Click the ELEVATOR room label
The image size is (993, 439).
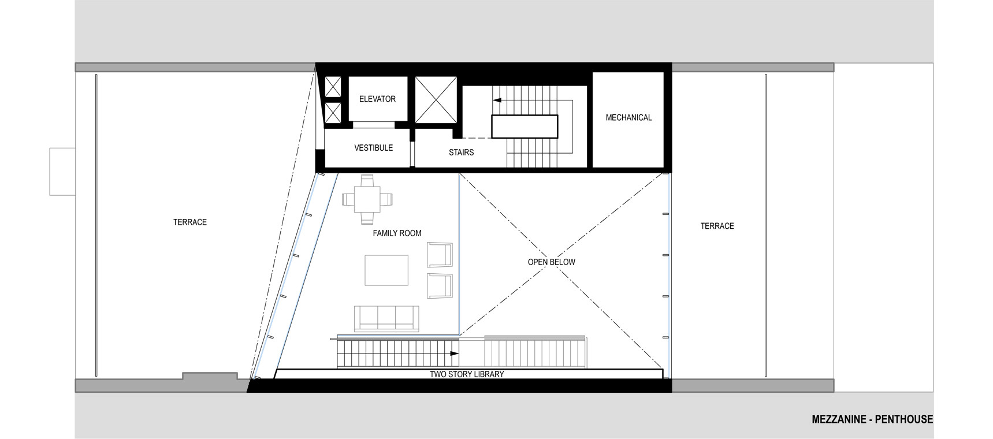click(x=377, y=99)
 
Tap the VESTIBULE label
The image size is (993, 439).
click(x=373, y=148)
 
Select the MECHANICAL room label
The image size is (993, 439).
click(x=628, y=117)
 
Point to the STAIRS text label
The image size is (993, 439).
click(x=461, y=152)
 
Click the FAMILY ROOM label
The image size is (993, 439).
click(x=397, y=233)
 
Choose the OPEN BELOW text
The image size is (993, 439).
click(x=551, y=262)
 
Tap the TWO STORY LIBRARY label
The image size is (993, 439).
click(x=467, y=374)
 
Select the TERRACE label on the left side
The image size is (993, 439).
click(x=190, y=222)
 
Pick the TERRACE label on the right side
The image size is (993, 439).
click(x=717, y=226)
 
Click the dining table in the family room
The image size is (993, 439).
click(x=367, y=199)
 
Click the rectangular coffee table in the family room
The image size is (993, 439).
click(x=386, y=270)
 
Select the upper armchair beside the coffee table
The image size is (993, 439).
click(x=440, y=255)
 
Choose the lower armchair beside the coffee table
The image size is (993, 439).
click(x=440, y=285)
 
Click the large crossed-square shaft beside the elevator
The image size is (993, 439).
click(x=436, y=99)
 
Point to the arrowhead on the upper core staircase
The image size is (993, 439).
click(x=496, y=100)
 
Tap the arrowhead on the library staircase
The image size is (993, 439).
click(x=455, y=353)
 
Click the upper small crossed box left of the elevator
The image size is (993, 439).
click(x=333, y=87)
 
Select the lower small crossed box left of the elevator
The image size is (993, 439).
click(x=333, y=113)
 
